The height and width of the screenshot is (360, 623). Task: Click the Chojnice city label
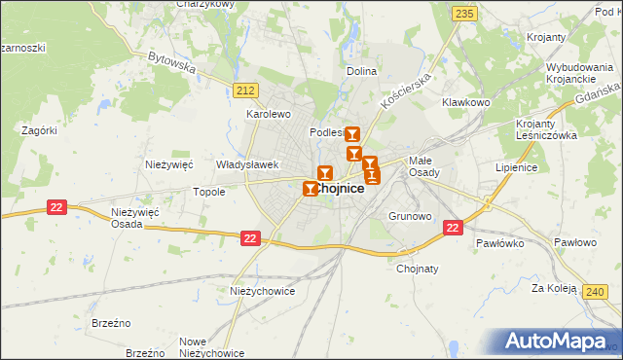coord(340,190)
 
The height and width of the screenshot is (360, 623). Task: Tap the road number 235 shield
coord(464,13)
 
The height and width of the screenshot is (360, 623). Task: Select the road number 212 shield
coord(244,90)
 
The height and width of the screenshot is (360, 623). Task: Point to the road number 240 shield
coord(597,291)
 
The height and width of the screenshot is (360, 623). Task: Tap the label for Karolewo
coord(269,114)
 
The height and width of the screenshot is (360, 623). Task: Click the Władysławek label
coord(247,165)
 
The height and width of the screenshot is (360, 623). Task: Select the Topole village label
coord(209,192)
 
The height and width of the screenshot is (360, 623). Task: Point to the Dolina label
coord(361,72)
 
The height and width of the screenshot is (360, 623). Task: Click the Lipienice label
coord(517,167)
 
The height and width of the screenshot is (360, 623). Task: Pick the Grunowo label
coord(409,216)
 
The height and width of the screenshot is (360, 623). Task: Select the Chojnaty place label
coord(418,269)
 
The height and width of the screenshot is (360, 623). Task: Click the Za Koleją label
coord(549,288)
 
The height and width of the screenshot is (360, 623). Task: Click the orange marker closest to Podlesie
coord(352,137)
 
